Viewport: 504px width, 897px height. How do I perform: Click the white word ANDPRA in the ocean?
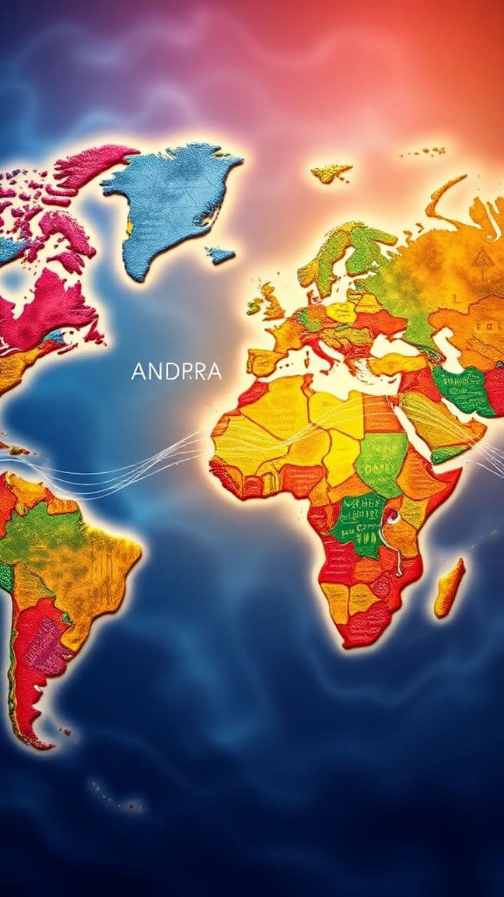pyautogui.click(x=176, y=372)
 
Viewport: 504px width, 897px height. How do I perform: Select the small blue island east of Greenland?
pyautogui.click(x=220, y=255)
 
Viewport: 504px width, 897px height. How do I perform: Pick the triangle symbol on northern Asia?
pyautogui.click(x=479, y=261)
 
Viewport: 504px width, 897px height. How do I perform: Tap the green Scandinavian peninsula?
pyautogui.click(x=336, y=252)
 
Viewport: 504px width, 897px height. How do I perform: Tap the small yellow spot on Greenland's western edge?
pyautogui.click(x=129, y=228)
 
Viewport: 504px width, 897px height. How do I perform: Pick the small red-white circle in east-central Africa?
pyautogui.click(x=394, y=517)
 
